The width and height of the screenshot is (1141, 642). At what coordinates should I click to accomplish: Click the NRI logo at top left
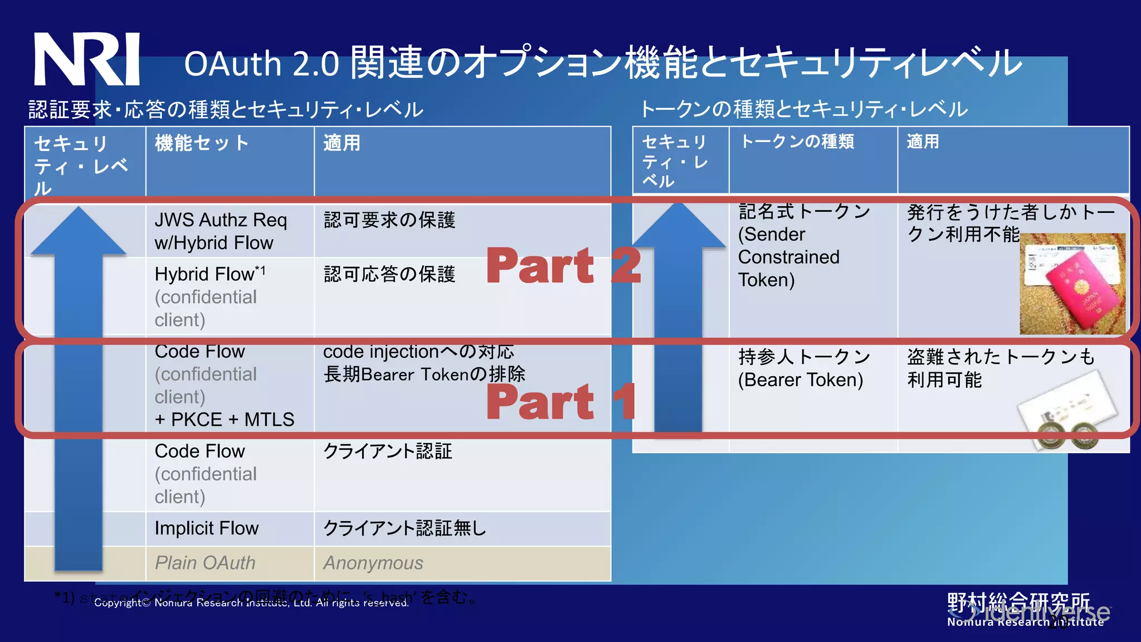coord(86,59)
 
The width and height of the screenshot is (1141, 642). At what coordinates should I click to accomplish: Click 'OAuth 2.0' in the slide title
coord(261,64)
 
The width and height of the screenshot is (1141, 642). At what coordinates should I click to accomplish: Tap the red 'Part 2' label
coord(563,266)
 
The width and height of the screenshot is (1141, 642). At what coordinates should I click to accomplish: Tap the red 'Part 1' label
coord(560,402)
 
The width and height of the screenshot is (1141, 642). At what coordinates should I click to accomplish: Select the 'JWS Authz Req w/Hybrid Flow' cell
coord(221,231)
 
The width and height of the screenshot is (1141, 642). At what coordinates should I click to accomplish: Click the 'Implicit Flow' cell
coord(207,528)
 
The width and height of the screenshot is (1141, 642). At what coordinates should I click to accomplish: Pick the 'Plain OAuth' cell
coord(205,563)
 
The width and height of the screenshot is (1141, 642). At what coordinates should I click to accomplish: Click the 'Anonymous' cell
coord(373,563)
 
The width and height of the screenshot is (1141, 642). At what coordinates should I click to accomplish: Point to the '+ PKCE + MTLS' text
coord(225,420)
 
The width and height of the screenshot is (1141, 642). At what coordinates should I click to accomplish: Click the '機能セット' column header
coord(202,144)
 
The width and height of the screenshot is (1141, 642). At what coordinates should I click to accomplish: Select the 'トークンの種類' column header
coord(797,142)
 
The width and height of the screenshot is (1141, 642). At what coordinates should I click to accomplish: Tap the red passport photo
coord(1072,284)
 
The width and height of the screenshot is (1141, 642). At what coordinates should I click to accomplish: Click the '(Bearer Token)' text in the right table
coord(801,380)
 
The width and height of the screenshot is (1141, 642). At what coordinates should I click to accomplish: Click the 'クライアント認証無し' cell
coord(404,528)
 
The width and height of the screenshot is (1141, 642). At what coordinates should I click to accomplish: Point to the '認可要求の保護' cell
coord(389,220)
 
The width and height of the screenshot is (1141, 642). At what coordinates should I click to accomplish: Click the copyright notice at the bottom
coord(251,603)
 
